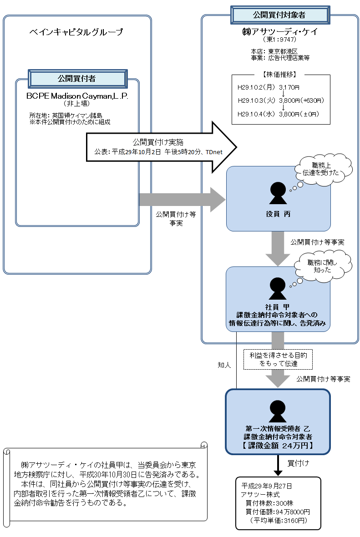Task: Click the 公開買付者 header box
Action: click(x=77, y=78)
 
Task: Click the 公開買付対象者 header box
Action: click(x=279, y=15)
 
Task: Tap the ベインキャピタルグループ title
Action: click(x=76, y=32)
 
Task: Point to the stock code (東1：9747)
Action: click(x=279, y=40)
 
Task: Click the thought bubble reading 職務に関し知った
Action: click(x=323, y=266)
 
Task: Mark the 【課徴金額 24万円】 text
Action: click(x=278, y=446)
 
